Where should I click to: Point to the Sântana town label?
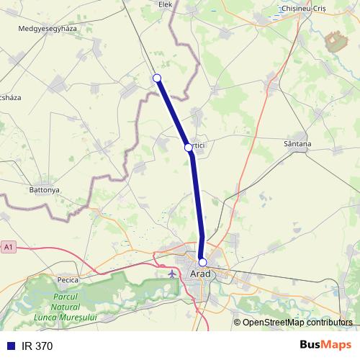(x=297, y=144)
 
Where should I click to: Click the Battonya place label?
(x=44, y=190)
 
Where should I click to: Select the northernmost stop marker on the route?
(x=157, y=78)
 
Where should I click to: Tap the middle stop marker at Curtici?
(x=188, y=147)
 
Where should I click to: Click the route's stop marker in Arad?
(x=203, y=262)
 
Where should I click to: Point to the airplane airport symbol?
(x=171, y=274)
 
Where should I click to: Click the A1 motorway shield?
(x=8, y=247)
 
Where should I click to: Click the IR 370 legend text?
(x=37, y=346)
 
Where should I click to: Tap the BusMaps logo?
(x=326, y=346)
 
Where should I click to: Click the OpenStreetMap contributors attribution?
(x=297, y=323)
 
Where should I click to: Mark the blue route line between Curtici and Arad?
(x=197, y=205)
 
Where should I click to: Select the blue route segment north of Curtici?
(x=173, y=112)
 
